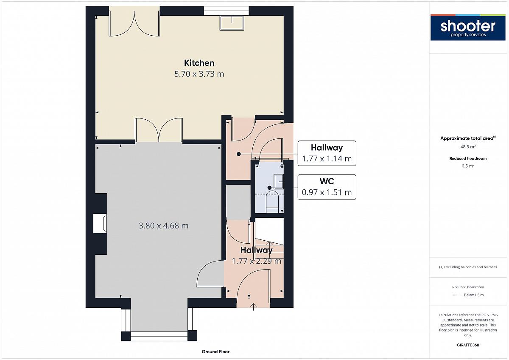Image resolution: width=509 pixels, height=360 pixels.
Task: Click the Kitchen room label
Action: [x=199, y=63]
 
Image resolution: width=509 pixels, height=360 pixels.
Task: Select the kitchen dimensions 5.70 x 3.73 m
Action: [x=199, y=74]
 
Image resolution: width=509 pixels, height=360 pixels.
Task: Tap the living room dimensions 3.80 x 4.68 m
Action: [x=164, y=225]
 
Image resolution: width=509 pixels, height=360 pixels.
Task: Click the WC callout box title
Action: [x=327, y=181]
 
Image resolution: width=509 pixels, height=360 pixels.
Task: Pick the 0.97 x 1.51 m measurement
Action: [x=327, y=192]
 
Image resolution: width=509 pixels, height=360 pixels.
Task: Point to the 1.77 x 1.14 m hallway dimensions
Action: [x=327, y=158]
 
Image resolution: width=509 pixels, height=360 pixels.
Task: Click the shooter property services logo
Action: [x=468, y=28]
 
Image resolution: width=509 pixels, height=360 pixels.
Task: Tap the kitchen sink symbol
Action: [x=232, y=23]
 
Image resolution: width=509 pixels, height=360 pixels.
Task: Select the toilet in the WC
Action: [x=272, y=202]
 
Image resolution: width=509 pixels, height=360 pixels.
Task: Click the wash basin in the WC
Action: [x=279, y=181]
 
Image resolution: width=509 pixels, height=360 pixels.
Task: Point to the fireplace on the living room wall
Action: [x=100, y=224]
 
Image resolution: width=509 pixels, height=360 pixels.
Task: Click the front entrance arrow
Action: [x=253, y=307]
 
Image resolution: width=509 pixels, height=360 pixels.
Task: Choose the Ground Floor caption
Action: [x=215, y=352]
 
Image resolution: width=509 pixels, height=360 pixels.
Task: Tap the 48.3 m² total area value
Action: [x=468, y=147]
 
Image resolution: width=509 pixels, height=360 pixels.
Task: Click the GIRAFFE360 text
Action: [x=468, y=345]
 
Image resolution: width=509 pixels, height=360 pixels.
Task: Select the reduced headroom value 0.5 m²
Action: [x=468, y=166]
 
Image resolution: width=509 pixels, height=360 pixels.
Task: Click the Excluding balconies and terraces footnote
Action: [x=468, y=267]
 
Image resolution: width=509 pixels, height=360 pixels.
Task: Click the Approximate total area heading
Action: [x=468, y=138]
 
